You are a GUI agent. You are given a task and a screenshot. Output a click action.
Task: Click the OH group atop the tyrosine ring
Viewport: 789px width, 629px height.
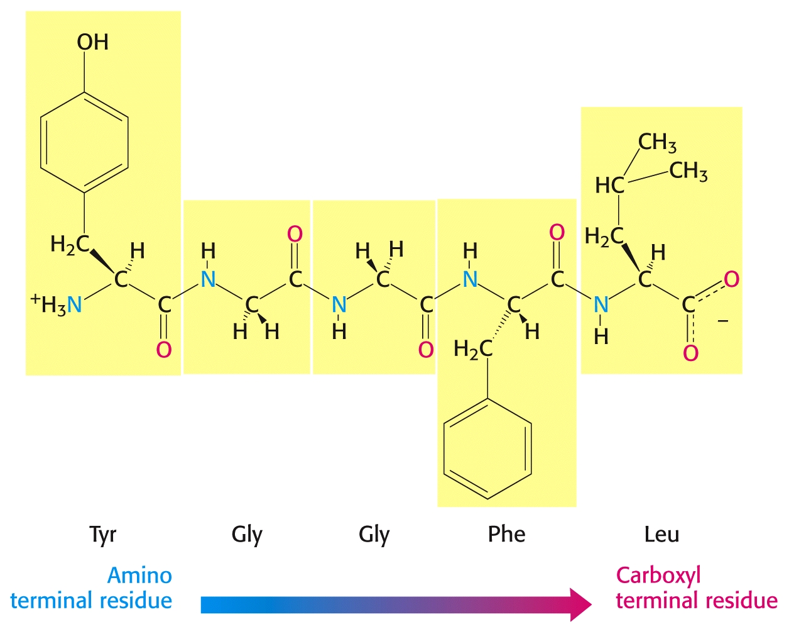pos(92,42)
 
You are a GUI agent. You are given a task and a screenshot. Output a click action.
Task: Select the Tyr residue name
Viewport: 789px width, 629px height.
pos(102,535)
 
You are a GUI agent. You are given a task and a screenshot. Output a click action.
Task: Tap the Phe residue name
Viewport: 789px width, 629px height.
pos(506,534)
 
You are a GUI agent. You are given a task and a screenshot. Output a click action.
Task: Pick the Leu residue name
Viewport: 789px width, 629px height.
pos(661,534)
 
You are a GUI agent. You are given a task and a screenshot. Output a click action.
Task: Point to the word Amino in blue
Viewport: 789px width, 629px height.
pos(139,575)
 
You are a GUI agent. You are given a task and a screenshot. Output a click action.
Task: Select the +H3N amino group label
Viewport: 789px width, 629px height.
pos(56,304)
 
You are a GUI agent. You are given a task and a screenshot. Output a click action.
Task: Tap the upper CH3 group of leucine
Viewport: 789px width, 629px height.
pos(657,143)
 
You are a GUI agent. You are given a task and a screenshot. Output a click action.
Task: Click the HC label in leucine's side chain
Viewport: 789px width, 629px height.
pos(609,185)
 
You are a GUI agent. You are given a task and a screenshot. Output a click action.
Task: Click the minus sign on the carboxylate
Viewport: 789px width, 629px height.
pos(722,321)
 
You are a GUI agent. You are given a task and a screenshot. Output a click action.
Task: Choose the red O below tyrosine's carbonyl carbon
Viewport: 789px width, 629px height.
pos(164,350)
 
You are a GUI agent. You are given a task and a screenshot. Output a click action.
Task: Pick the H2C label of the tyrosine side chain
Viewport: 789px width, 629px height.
pos(70,245)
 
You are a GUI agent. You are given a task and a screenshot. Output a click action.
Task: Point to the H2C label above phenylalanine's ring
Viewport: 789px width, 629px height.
pos(473,349)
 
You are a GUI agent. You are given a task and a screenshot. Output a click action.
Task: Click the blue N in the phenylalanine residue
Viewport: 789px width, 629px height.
pos(471,279)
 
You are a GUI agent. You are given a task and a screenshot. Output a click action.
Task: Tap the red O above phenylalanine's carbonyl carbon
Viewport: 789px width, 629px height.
pos(557,233)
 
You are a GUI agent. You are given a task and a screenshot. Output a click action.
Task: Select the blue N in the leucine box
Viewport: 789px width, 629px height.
pos(601,304)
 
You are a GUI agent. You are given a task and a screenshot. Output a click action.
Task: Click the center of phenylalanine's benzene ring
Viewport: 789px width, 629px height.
pos(487,448)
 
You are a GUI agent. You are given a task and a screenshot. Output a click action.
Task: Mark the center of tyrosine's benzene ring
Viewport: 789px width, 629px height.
pos(84,143)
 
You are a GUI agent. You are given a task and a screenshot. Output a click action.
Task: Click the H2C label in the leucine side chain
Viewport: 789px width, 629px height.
pos(604,237)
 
